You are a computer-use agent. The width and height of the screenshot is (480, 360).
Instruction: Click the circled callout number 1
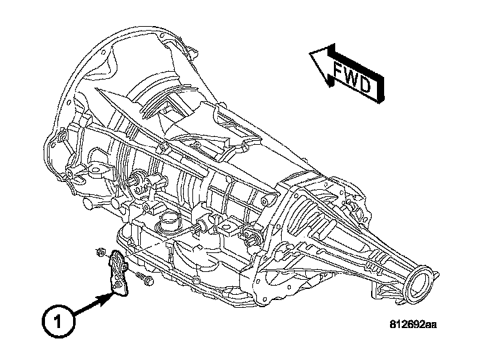(x=59, y=322)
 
